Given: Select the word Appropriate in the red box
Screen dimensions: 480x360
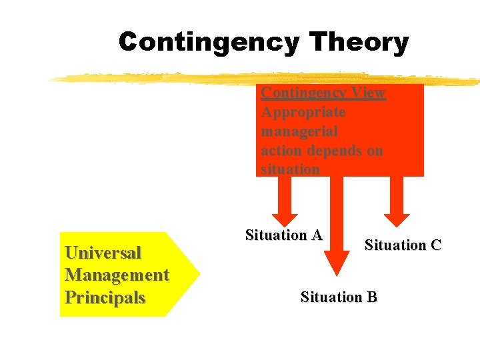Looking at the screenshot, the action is pos(303,112).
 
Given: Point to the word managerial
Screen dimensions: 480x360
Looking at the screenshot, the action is pos(299,131).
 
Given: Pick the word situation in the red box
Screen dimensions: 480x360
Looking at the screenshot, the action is pos(290,169).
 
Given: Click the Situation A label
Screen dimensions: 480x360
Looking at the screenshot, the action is pos(284,235).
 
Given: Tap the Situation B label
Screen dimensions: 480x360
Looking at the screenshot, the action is pos(339,297).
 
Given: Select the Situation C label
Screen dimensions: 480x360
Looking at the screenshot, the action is pos(403,245).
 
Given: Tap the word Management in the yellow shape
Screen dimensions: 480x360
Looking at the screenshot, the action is pos(117,275).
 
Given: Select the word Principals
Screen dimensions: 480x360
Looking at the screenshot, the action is pos(105,297).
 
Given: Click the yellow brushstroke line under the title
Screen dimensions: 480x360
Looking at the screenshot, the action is pos(200,78).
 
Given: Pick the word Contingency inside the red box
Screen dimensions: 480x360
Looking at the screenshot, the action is pos(303,93).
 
